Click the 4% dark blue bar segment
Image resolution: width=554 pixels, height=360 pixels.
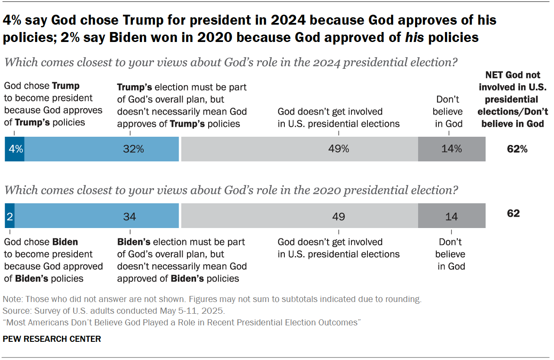[14, 149]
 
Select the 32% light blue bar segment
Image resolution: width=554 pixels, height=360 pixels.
[102, 149]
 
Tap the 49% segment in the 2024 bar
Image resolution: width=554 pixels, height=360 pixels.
[299, 149]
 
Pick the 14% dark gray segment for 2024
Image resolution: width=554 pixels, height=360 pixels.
[451, 149]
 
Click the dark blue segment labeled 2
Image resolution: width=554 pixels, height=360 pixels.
[10, 215]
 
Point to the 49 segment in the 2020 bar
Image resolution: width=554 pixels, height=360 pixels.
[299, 215]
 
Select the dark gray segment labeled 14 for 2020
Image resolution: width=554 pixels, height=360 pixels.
[451, 215]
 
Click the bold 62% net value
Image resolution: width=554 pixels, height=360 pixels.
[517, 149]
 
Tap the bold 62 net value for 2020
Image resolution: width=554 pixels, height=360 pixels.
[513, 213]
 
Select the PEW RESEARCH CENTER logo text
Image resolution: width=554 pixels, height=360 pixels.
[52, 339]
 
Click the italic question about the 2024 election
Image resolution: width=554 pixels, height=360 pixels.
[230, 62]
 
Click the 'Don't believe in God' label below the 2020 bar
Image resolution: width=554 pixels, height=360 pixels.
[451, 254]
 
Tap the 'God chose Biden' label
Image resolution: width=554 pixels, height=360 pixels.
[53, 260]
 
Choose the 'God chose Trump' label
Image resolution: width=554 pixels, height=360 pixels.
[53, 104]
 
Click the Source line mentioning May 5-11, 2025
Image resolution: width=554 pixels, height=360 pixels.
[114, 311]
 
